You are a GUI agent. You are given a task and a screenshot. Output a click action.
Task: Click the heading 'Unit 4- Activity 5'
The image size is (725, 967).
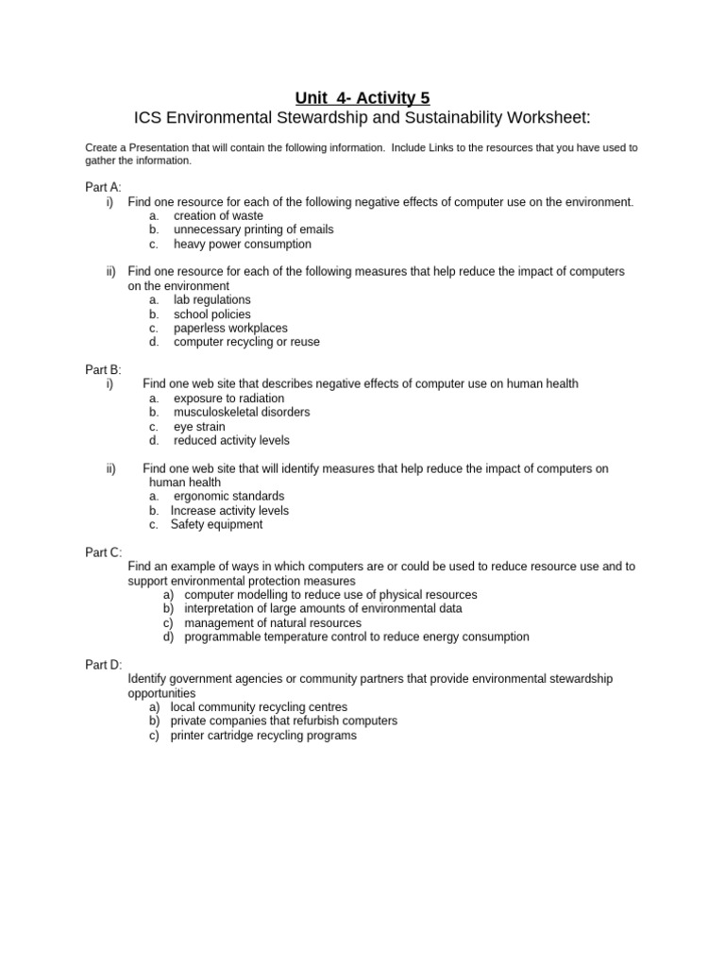[x=362, y=97]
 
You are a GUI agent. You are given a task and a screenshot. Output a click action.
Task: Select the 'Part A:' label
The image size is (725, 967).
[x=103, y=187]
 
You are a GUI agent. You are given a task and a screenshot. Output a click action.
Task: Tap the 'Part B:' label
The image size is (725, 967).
[x=103, y=369]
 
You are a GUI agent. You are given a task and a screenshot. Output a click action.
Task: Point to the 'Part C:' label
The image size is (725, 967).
[x=103, y=552]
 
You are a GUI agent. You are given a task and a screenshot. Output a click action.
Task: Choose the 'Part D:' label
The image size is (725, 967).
[x=103, y=665]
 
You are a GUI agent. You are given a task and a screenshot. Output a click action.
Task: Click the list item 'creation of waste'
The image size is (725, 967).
[x=218, y=215]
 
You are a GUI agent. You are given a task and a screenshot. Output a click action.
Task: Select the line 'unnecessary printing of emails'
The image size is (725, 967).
[x=253, y=229]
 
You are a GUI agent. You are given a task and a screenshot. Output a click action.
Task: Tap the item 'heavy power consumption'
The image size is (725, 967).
[x=242, y=244]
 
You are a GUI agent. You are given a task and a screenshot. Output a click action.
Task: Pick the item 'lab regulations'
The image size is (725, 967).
[x=211, y=299]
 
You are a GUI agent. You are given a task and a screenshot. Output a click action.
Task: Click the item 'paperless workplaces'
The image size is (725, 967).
[x=230, y=328]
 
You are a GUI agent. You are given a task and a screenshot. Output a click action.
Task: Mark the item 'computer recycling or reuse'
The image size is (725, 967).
[x=246, y=342]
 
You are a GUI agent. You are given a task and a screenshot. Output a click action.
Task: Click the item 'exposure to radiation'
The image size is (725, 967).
[x=228, y=399]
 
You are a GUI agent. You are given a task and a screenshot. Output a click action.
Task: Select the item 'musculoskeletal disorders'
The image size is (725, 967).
[x=242, y=412]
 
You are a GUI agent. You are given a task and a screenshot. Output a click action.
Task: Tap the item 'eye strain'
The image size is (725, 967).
[x=199, y=427]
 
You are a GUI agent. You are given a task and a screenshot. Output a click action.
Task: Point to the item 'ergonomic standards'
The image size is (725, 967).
[x=228, y=496]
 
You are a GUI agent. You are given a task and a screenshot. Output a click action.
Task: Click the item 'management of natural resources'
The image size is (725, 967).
[x=273, y=623]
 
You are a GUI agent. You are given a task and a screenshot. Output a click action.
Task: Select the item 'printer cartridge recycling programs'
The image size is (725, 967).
[x=263, y=735]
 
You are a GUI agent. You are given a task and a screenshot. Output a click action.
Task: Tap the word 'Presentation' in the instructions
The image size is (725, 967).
[x=160, y=147]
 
